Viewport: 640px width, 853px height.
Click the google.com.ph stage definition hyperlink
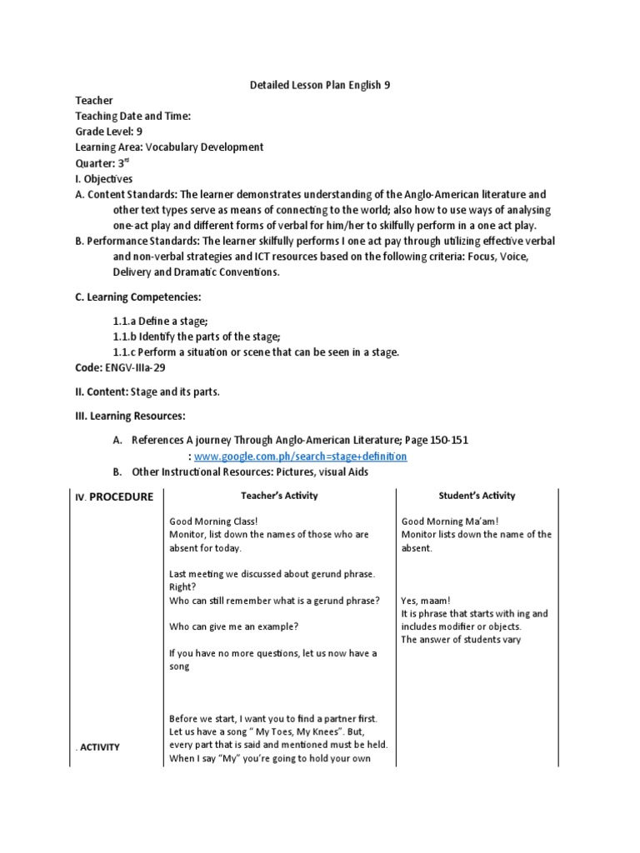tap(301, 457)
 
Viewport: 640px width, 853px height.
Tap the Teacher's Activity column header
tap(272, 496)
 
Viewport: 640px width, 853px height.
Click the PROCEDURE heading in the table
tap(114, 497)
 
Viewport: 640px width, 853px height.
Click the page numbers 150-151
tap(447, 440)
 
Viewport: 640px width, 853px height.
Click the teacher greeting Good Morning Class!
tap(213, 521)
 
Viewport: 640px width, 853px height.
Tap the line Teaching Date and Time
tap(133, 116)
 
